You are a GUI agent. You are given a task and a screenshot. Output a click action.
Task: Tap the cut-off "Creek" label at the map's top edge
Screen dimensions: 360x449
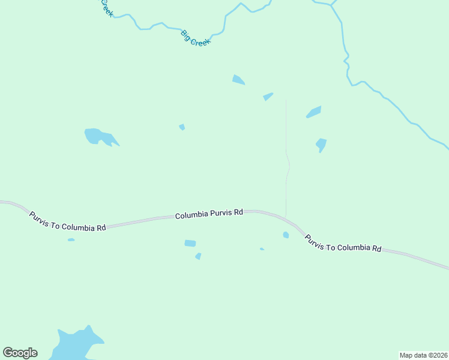[x=106, y=8]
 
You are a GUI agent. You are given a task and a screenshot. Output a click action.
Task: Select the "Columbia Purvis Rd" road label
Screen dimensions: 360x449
[x=209, y=214]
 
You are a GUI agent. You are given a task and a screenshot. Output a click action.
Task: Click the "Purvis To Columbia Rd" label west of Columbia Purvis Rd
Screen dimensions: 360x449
[x=67, y=220]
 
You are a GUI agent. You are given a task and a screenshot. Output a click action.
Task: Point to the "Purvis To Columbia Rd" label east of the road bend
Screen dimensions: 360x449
[x=343, y=242]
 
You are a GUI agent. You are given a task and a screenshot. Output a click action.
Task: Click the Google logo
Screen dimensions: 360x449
[x=20, y=353]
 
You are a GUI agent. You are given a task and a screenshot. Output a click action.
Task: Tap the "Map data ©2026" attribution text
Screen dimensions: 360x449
[x=423, y=355]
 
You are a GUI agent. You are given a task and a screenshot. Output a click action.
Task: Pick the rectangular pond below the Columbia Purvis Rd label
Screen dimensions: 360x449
[x=190, y=243]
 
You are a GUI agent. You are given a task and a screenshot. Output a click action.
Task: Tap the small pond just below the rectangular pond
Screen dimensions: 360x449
[x=198, y=256]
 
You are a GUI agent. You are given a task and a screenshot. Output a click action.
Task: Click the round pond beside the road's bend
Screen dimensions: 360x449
[x=286, y=235]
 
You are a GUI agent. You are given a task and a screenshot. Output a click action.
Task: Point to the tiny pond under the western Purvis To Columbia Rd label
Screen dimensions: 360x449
[x=71, y=240]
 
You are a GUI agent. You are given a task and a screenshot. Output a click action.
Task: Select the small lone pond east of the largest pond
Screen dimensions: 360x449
[x=182, y=127]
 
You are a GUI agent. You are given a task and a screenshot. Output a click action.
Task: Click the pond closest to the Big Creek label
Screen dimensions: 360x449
[x=238, y=80]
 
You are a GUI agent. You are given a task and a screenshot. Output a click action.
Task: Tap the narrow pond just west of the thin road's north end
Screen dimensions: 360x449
[x=268, y=96]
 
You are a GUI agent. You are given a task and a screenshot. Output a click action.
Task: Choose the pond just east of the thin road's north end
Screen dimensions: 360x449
[x=314, y=112]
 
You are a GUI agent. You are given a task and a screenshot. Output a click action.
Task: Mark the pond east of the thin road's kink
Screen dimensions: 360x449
[x=321, y=145]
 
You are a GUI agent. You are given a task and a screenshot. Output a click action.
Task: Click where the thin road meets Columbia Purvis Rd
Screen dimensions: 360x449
[x=286, y=215]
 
